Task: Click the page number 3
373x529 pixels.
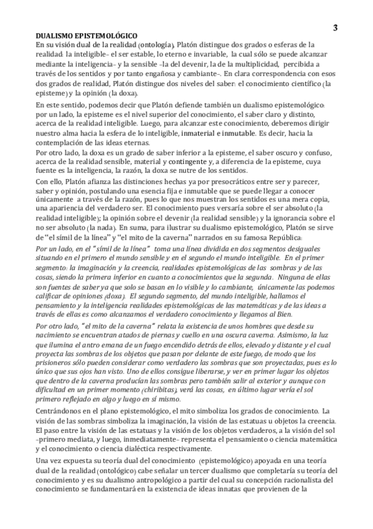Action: click(336, 27)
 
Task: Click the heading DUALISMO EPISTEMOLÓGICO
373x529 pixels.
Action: click(87, 37)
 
